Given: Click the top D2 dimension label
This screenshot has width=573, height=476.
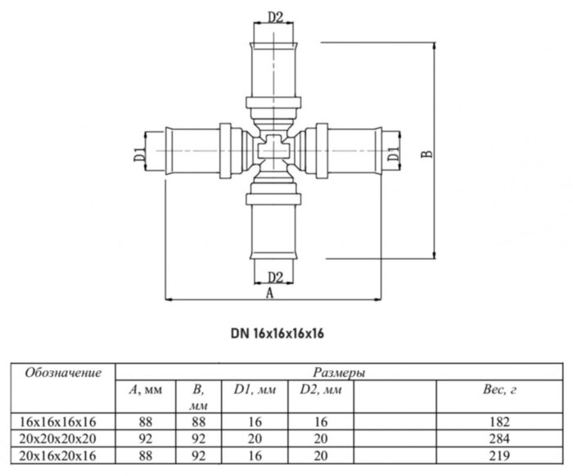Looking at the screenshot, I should [x=275, y=16].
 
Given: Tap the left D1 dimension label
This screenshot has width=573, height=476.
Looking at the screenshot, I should [x=140, y=150].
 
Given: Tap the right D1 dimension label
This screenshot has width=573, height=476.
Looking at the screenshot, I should [x=394, y=150].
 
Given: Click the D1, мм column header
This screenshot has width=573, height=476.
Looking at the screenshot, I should [x=250, y=391].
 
